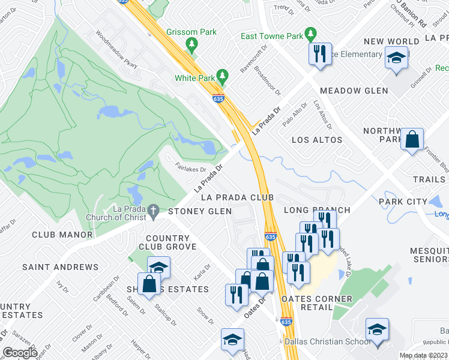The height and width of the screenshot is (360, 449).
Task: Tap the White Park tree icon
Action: (223, 76)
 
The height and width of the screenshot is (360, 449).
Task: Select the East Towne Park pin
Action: (310, 34)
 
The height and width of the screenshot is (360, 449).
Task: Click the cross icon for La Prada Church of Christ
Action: (154, 211)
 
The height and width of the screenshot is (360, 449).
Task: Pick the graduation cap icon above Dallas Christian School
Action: (377, 329)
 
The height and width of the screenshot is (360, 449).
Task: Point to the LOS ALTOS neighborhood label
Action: (316, 140)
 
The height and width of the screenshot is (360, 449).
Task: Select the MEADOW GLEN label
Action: (354, 91)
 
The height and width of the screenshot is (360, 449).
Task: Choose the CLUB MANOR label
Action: (62, 235)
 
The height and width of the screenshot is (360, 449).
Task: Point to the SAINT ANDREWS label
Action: (60, 266)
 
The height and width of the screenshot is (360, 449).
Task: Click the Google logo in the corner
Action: (20, 352)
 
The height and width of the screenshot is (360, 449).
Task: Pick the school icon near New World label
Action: (396, 58)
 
